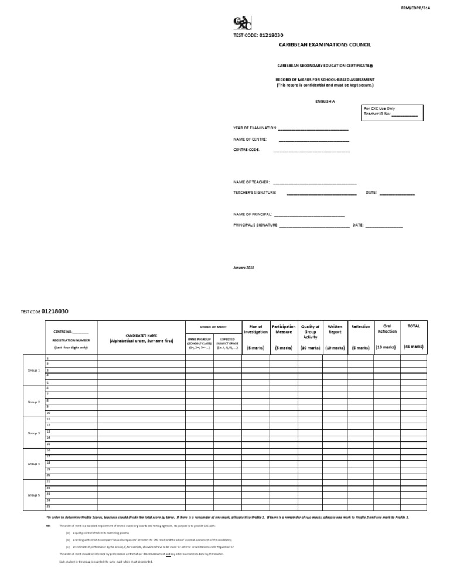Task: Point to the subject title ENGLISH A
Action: click(325, 101)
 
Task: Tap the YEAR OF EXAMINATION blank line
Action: click(313, 128)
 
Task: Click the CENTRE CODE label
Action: click(247, 149)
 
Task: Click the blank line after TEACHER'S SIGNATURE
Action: click(321, 192)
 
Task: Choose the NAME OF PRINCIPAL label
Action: click(253, 214)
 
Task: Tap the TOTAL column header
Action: click(413, 326)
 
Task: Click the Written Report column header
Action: click(335, 329)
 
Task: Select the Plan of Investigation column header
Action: click(255, 329)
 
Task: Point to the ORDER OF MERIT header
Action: click(213, 326)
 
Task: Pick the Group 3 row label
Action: click(34, 433)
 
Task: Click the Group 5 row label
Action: click(34, 495)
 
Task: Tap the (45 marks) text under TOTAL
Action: click(413, 347)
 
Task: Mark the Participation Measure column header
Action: click(284, 329)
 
